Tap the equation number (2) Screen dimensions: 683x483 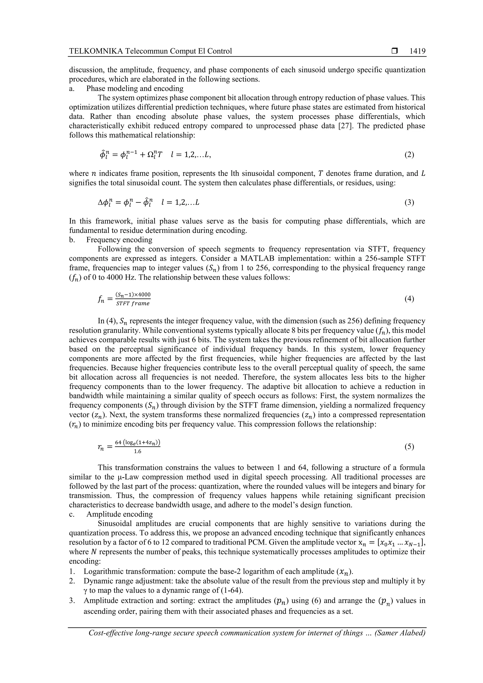point(409,155)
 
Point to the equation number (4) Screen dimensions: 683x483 point(409,299)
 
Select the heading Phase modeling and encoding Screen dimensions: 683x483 point(135,88)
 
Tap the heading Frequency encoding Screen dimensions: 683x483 point(119,240)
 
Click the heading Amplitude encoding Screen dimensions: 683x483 point(120,514)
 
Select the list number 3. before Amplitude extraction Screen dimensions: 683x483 point(72,600)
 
